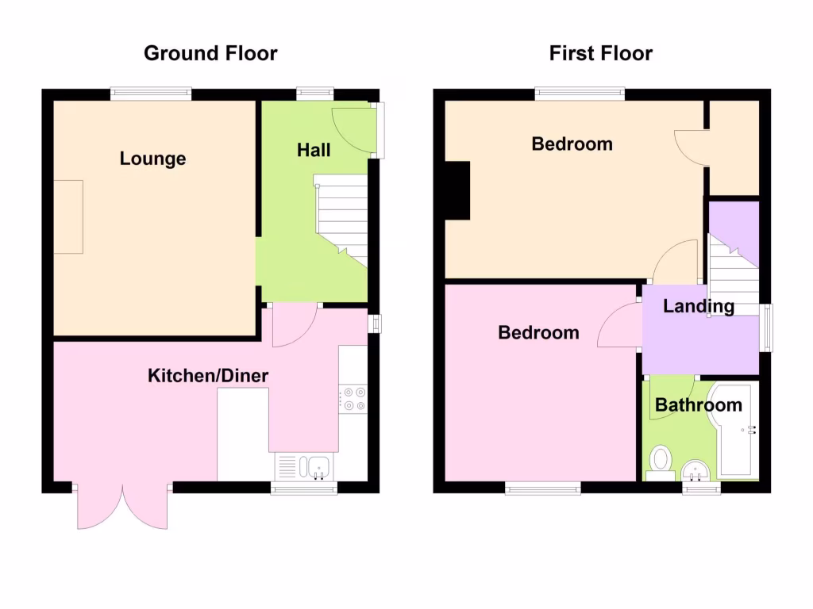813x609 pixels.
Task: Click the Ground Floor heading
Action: pyautogui.click(x=210, y=54)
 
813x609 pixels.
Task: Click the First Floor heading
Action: pyautogui.click(x=600, y=54)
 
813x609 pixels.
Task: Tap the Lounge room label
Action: pyautogui.click(x=152, y=159)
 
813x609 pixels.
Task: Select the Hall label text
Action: pyautogui.click(x=314, y=150)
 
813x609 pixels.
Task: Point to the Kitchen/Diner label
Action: pyautogui.click(x=208, y=376)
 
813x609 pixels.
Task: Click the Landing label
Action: pyautogui.click(x=699, y=306)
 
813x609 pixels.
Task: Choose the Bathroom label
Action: pyautogui.click(x=698, y=405)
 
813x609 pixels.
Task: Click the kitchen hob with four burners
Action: pyautogui.click(x=353, y=398)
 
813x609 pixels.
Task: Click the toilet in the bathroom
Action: pyautogui.click(x=660, y=461)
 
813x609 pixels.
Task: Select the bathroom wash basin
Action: pyautogui.click(x=698, y=469)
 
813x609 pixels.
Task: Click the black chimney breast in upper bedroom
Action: pyautogui.click(x=458, y=190)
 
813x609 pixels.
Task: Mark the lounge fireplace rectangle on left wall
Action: pyautogui.click(x=68, y=216)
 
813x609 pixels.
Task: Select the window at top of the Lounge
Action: pyautogui.click(x=151, y=94)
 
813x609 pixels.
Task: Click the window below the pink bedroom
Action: pyautogui.click(x=543, y=489)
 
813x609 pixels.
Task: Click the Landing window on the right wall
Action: pyautogui.click(x=765, y=327)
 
